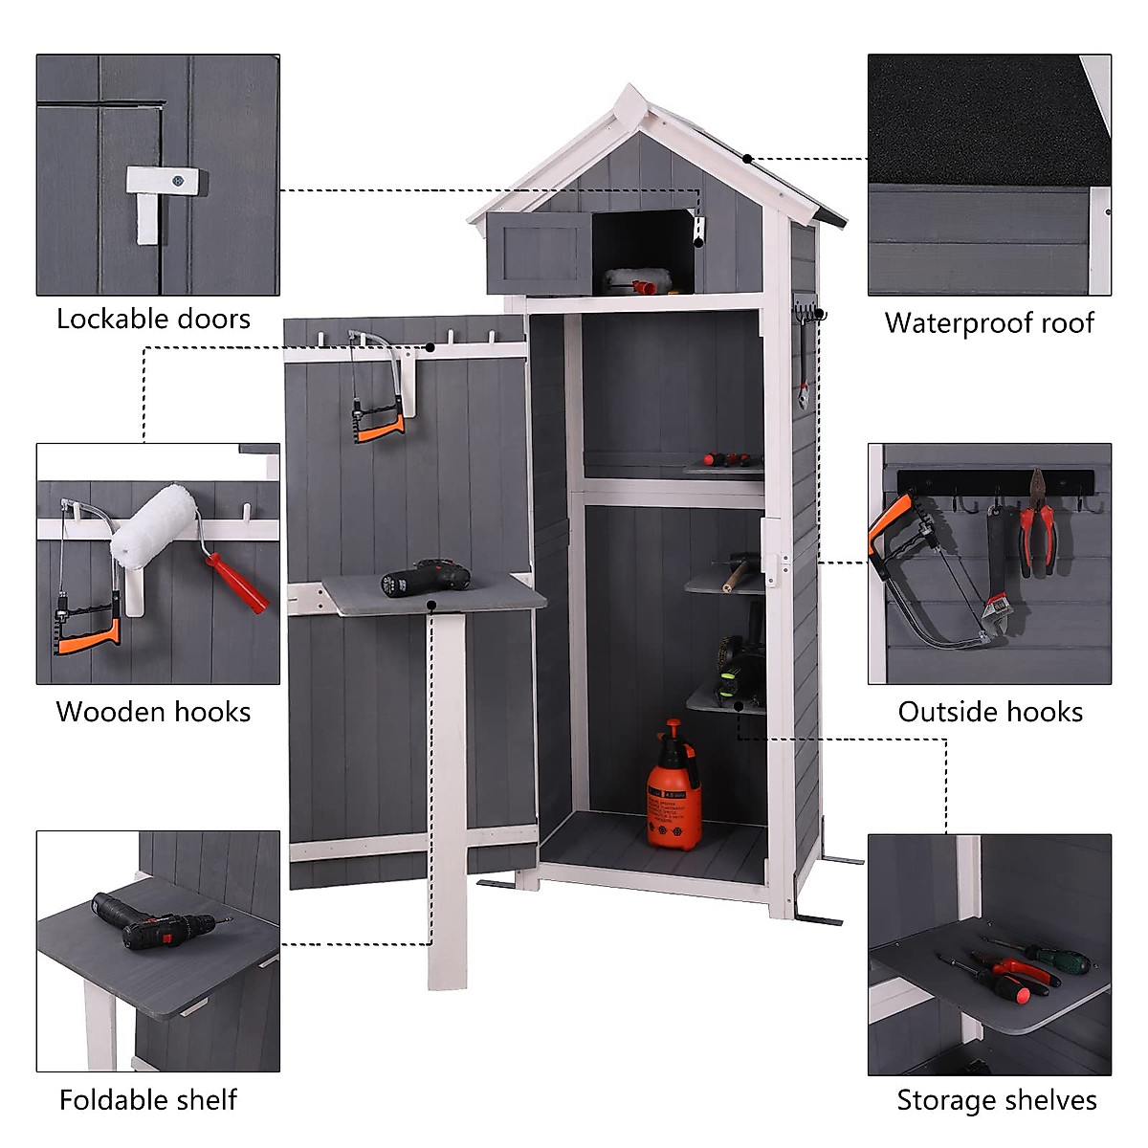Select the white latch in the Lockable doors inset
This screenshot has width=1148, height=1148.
coord(159,195)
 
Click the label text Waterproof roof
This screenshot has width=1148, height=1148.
coord(988,323)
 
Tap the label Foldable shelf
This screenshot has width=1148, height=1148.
coord(148,1100)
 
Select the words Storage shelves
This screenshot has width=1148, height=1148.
coord(996,1100)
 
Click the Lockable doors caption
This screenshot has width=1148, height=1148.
coord(153,319)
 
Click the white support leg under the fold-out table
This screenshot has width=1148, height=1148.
coord(447,794)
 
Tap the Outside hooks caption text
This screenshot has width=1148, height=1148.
coord(990,712)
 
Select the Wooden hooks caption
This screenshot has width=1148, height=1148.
coord(153,712)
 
